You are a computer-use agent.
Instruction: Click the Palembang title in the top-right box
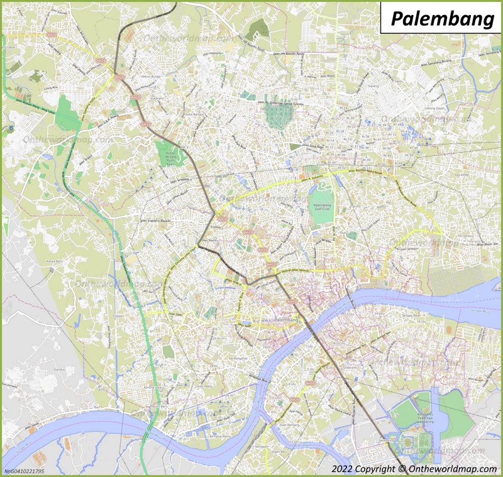pos(442,19)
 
